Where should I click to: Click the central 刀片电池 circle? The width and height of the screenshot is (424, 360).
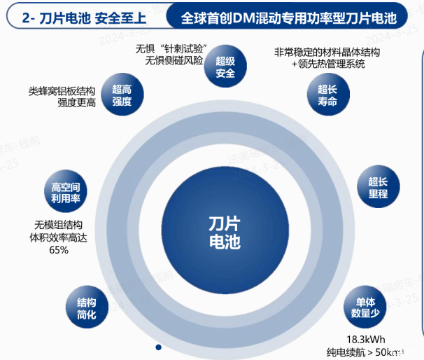[x=224, y=232]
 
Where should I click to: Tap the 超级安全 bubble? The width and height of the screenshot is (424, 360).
[x=225, y=67]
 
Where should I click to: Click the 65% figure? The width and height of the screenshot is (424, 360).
[x=59, y=250]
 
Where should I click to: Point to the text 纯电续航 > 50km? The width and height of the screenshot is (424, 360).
[x=366, y=352]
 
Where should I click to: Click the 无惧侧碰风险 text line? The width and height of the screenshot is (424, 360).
[x=174, y=61]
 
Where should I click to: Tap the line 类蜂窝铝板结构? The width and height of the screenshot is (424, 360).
[x=62, y=91]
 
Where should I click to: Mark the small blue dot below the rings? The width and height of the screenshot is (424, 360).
[x=159, y=347]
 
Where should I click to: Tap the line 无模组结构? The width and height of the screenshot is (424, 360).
[x=59, y=225]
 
